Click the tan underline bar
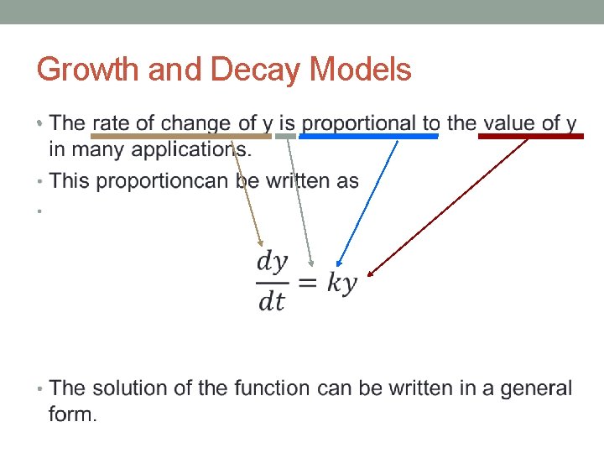(180, 135)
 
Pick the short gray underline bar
(286, 135)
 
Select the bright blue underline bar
(368, 135)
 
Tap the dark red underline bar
(530, 135)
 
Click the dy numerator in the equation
(272, 262)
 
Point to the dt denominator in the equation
(272, 300)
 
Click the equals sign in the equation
(308, 283)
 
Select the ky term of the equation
(341, 283)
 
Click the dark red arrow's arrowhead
(371, 272)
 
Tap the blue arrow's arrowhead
(336, 263)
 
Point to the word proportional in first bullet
(357, 123)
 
